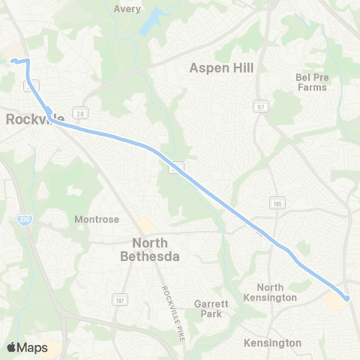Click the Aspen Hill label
click(221, 67)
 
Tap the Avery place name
click(127, 9)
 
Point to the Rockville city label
click(34, 118)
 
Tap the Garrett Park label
click(207, 309)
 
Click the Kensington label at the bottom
click(272, 343)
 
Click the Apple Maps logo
click(27, 347)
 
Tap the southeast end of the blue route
click(347, 299)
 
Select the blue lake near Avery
click(153, 21)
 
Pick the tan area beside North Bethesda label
click(146, 226)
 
